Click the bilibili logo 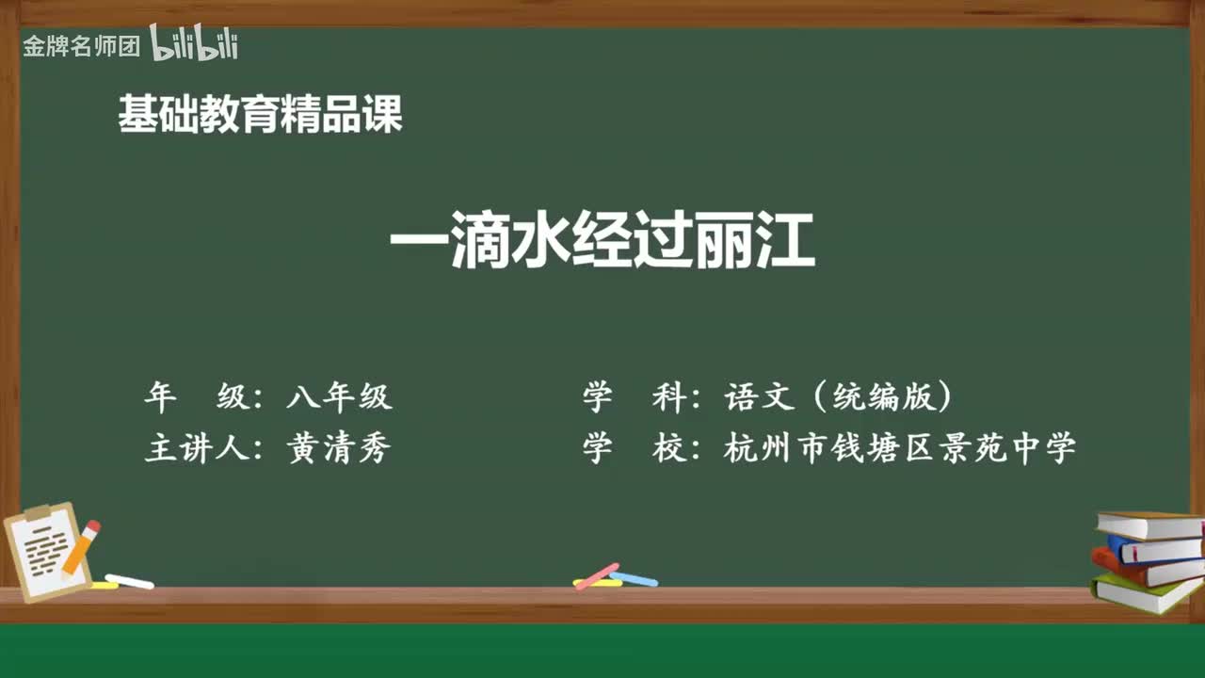pos(193,43)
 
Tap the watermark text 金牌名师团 pos(81,46)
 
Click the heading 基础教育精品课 pos(261,115)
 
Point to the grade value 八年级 pos(339,397)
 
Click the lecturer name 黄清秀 pos(339,449)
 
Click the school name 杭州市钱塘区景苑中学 pos(900,449)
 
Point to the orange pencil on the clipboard pos(81,545)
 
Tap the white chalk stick pos(129,581)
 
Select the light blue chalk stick pos(634,578)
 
